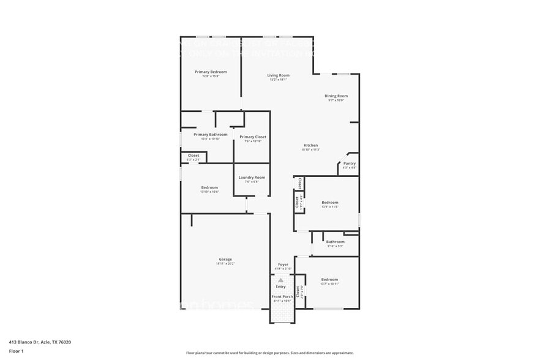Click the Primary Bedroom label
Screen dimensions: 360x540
point(211,72)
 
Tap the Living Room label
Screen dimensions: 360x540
point(278,75)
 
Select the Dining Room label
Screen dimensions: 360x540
point(336,96)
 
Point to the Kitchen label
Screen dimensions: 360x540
point(311,145)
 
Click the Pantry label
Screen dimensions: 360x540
point(349,163)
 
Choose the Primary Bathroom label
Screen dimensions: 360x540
point(210,135)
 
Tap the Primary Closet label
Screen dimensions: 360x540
point(253,137)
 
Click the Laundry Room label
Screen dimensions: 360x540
point(252,178)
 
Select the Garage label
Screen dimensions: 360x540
point(225,259)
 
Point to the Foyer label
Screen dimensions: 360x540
point(283,264)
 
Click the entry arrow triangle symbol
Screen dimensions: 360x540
point(281,280)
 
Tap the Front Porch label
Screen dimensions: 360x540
point(282,297)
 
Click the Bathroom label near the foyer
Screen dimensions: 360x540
point(335,242)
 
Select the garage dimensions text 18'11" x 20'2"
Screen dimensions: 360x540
point(225,263)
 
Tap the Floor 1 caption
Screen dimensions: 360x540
point(16,351)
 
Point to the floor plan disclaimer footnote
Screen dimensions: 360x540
point(269,353)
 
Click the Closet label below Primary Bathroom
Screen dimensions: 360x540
point(193,156)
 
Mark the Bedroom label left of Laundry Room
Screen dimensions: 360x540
point(209,187)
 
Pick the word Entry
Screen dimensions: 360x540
point(280,287)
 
